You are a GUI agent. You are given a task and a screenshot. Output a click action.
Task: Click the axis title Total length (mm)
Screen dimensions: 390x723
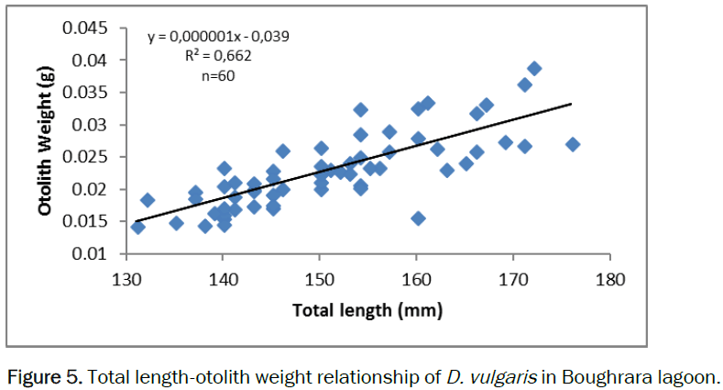pos(367,310)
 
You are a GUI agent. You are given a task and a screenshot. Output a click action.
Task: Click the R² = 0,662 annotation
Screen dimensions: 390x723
pos(218,56)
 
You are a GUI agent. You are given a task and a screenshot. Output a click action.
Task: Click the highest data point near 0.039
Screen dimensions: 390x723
pos(534,69)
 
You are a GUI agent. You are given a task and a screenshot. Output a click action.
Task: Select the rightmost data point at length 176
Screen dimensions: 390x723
pos(573,144)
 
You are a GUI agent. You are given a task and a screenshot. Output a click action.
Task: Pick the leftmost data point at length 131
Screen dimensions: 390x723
pos(137,227)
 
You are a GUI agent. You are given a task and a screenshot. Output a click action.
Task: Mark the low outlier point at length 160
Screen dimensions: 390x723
pos(418,218)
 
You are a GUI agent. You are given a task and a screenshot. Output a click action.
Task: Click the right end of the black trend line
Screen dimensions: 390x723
pos(572,104)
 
